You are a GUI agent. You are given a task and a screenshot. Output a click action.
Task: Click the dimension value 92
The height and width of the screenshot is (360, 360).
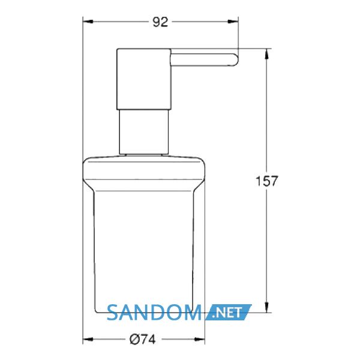[160, 22]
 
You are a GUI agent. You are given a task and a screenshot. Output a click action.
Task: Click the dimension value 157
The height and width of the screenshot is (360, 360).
[266, 181]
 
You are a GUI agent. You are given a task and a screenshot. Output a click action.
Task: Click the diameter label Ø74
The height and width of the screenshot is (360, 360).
[142, 339]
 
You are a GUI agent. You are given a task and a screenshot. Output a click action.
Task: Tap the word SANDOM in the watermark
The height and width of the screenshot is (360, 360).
[154, 312]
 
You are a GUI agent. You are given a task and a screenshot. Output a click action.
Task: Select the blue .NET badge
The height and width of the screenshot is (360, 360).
[229, 312]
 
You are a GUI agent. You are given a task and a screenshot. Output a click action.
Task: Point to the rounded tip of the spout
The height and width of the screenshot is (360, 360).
[236, 60]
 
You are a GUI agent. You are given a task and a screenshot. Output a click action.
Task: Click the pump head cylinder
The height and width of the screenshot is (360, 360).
[144, 79]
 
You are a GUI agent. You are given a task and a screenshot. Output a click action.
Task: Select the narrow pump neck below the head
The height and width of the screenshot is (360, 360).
[144, 131]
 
